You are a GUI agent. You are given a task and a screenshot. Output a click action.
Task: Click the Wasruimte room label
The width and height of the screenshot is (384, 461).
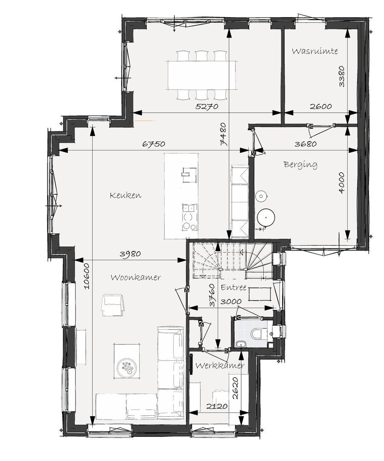pos(315,51)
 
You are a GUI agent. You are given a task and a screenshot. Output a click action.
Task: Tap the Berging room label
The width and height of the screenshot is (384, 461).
pos(300,164)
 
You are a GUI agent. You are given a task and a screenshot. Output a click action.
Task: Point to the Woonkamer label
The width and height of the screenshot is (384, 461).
pos(136,277)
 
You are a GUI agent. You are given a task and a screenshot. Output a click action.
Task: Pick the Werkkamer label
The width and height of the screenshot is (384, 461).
pos(220,366)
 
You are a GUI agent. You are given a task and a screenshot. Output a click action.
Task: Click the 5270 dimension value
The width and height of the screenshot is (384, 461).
pos(207,107)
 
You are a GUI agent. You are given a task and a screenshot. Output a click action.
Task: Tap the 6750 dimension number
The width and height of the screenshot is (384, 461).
pos(154,144)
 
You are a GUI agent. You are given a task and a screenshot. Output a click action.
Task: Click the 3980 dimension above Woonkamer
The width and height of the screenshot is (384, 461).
pos(130,254)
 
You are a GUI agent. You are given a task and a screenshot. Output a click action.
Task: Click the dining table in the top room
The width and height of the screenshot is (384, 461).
pos(202,75)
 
